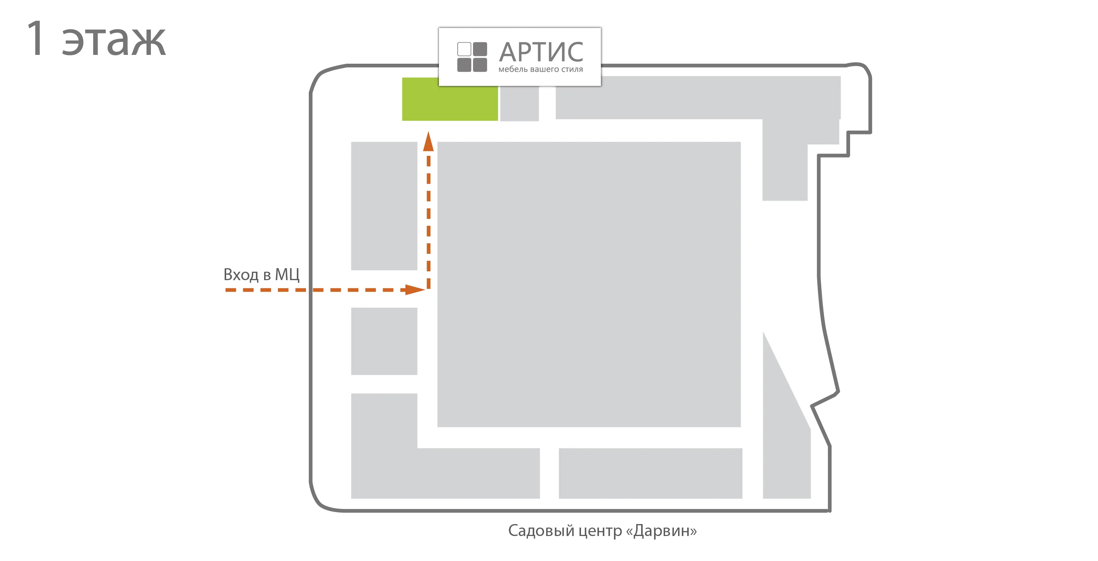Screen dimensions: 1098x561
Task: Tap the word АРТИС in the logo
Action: (x=541, y=52)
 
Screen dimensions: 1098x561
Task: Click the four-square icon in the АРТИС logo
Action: (x=472, y=57)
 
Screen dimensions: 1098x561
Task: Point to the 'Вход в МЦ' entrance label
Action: (x=261, y=275)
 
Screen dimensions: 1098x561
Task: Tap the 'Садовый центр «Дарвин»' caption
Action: (x=602, y=531)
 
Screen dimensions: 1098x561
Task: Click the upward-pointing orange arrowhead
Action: (x=428, y=141)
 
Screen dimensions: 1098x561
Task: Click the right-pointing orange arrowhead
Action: (x=415, y=290)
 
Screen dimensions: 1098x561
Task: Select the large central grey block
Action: (x=589, y=284)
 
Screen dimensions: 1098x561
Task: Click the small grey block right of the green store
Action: (x=519, y=104)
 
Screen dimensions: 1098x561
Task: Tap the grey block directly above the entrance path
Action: (x=384, y=206)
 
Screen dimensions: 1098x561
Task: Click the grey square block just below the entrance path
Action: (x=384, y=341)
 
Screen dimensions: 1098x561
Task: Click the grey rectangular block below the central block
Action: (x=650, y=473)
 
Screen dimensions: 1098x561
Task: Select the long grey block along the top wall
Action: (x=698, y=98)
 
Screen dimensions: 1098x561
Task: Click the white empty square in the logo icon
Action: (x=464, y=49)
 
